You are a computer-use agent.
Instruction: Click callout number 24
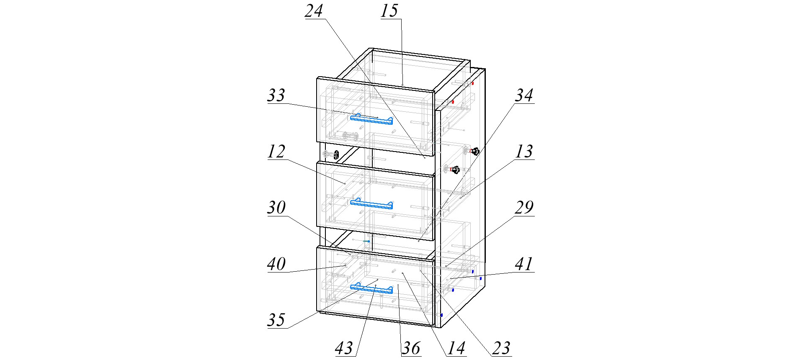pyautogui.click(x=314, y=10)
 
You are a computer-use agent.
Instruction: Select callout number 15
pyautogui.click(x=389, y=10)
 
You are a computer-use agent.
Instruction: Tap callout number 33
pyautogui.click(x=276, y=95)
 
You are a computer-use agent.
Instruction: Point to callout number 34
pyautogui.click(x=524, y=95)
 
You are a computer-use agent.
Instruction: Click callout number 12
pyautogui.click(x=276, y=152)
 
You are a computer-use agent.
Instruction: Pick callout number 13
pyautogui.click(x=524, y=152)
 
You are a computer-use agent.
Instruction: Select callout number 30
pyautogui.click(x=276, y=208)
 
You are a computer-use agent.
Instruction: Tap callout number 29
pyautogui.click(x=524, y=208)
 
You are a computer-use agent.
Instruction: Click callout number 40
pyautogui.click(x=276, y=264)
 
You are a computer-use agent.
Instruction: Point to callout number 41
pyautogui.click(x=524, y=264)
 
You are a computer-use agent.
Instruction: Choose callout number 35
pyautogui.click(x=276, y=320)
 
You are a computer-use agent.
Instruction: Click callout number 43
pyautogui.click(x=344, y=348)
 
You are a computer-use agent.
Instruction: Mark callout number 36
pyautogui.click(x=411, y=348)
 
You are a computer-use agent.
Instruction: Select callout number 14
pyautogui.click(x=456, y=348)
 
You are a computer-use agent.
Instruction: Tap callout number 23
pyautogui.click(x=501, y=348)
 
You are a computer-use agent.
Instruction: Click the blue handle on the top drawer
pyautogui.click(x=371, y=119)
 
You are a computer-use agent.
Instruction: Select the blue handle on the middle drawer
pyautogui.click(x=371, y=204)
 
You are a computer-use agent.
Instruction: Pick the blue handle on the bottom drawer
pyautogui.click(x=371, y=288)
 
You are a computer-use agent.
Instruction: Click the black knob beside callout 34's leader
pyautogui.click(x=474, y=151)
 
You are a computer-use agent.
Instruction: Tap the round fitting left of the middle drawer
pyautogui.click(x=336, y=154)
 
